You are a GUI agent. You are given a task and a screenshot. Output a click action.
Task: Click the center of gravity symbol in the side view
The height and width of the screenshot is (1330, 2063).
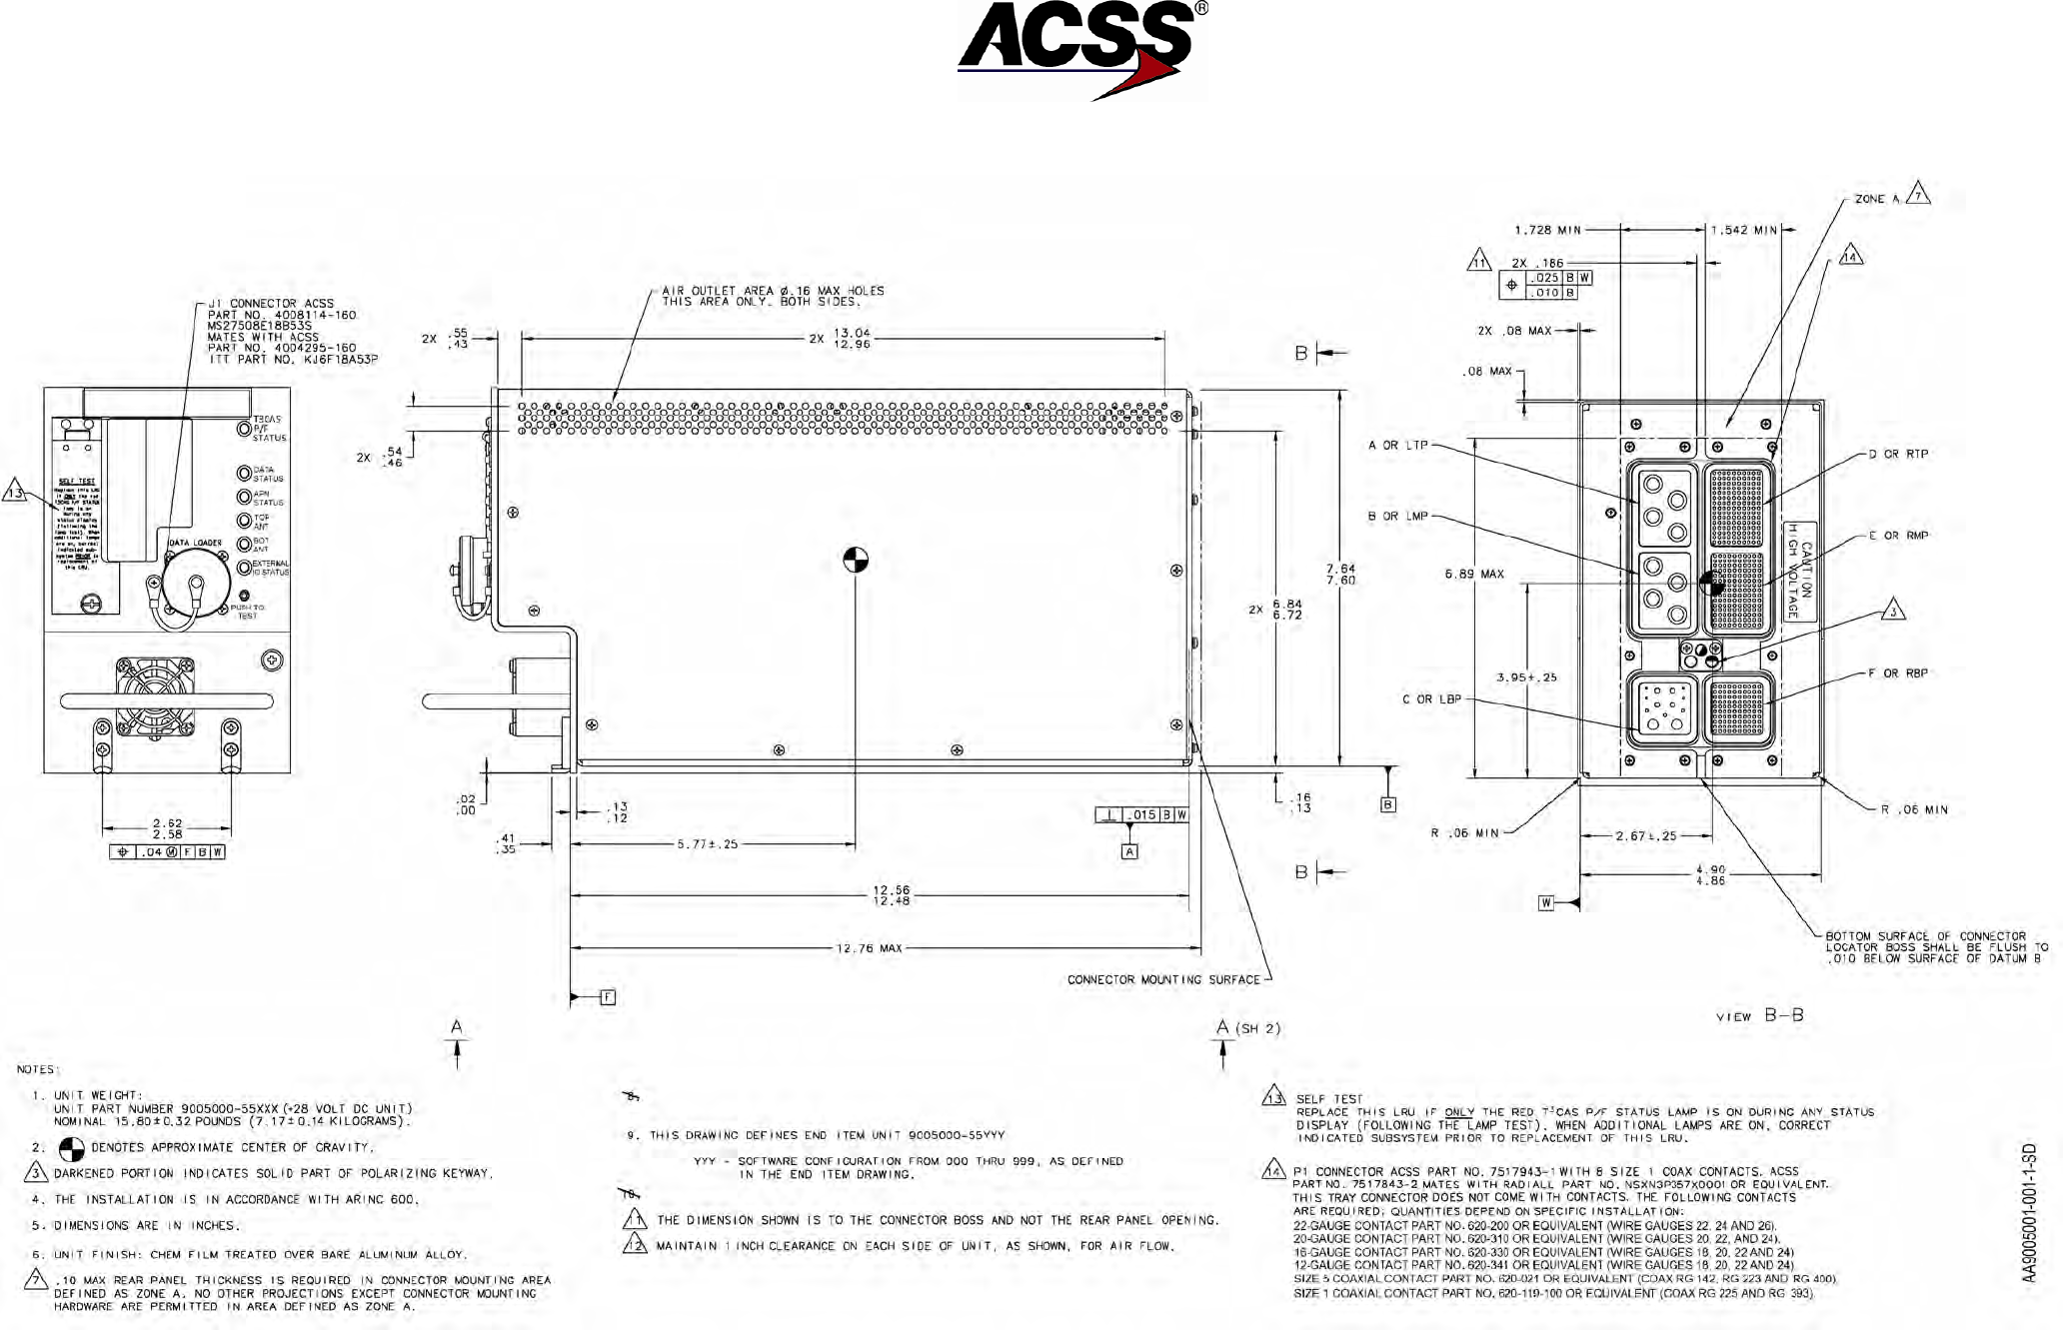(856, 560)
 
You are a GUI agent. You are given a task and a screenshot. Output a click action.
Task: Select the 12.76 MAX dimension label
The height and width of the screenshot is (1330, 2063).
(869, 948)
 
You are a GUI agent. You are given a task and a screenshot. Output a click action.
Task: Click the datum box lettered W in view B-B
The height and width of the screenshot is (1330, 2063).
(1545, 903)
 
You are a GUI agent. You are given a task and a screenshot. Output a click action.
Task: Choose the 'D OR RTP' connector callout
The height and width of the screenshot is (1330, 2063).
(1898, 454)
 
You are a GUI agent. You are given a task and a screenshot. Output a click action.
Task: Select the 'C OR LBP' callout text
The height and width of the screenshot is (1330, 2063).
(1431, 699)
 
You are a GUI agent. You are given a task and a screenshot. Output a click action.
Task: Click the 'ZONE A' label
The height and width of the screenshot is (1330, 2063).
(1876, 199)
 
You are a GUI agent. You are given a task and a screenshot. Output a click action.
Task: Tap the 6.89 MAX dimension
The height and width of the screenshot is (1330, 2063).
(1474, 575)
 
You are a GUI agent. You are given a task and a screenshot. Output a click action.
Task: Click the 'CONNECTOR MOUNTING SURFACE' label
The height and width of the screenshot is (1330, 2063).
(1163, 979)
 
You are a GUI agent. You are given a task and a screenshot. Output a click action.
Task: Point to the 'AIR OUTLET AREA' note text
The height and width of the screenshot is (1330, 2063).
(773, 296)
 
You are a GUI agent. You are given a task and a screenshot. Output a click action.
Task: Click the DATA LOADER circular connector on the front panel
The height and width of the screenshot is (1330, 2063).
(196, 584)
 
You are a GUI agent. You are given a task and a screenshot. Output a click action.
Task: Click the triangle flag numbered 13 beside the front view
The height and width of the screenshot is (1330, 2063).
(14, 492)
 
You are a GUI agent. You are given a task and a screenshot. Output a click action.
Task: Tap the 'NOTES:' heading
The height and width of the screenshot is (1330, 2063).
(38, 1069)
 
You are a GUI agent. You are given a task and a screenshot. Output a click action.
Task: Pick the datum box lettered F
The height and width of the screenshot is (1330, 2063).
(608, 997)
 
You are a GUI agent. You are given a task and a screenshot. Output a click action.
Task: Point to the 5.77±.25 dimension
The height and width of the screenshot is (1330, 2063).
(708, 844)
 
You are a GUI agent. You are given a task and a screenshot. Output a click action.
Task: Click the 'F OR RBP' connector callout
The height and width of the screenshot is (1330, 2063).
(1898, 673)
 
